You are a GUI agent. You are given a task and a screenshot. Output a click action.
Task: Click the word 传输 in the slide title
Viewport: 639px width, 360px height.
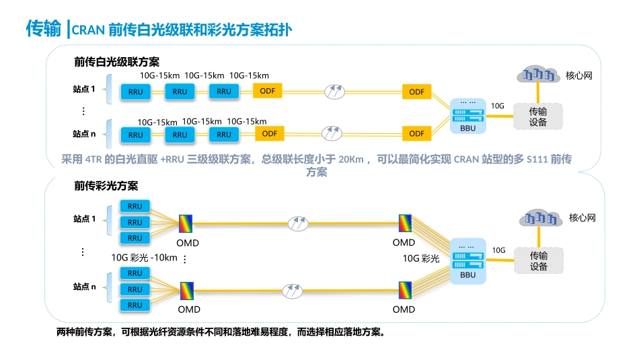44,29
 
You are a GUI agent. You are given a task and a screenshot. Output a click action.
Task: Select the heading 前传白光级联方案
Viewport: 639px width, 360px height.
116,62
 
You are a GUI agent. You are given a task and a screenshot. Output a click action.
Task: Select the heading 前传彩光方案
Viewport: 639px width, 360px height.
106,186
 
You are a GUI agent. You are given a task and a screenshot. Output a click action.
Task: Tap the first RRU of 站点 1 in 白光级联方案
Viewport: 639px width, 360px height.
135,92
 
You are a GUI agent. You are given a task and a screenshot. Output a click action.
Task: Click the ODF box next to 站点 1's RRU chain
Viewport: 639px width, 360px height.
267,91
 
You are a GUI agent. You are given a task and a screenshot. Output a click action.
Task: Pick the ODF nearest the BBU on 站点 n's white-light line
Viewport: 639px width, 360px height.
416,133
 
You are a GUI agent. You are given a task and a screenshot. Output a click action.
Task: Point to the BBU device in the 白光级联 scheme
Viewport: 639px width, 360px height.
467,113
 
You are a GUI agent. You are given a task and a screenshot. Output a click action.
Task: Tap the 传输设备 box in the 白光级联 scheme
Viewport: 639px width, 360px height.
537,116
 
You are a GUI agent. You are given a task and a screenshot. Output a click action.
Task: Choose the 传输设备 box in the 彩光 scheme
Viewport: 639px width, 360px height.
538,261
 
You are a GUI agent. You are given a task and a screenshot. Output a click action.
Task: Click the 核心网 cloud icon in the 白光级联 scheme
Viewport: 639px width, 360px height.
537,75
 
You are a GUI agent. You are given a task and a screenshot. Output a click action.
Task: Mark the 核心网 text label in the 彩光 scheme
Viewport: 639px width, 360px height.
582,217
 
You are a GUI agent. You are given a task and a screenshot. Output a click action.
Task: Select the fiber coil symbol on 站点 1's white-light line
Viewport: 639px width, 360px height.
334,91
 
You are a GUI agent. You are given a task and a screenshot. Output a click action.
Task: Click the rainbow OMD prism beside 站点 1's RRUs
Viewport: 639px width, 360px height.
186,223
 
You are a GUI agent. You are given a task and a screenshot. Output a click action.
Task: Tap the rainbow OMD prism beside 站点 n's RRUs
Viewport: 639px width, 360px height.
186,290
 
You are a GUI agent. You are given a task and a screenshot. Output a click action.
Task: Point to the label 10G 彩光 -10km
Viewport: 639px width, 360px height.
144,258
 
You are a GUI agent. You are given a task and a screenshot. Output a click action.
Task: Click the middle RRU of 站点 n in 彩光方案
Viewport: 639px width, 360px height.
135,289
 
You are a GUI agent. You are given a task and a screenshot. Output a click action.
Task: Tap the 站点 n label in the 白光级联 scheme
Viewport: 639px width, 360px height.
84,134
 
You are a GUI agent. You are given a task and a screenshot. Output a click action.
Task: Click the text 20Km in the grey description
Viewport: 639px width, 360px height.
351,159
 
